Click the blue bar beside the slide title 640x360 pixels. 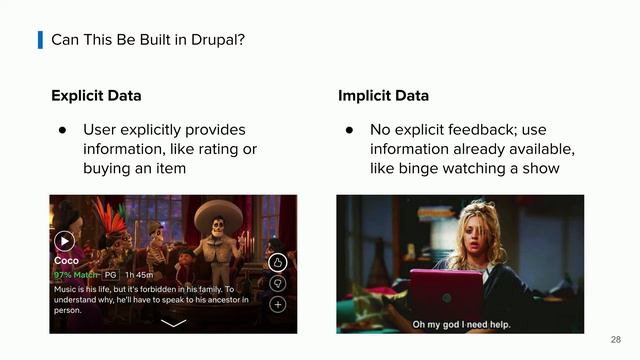coord(40,40)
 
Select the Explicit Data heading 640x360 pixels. coord(96,96)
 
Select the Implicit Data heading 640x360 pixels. coord(383,96)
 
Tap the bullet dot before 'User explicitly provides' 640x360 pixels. coord(62,130)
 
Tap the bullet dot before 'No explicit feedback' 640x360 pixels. coord(350,130)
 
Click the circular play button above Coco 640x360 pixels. coord(64,240)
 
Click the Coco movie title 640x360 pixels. coord(66,260)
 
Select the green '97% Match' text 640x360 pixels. coord(76,275)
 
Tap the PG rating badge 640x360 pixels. coord(111,275)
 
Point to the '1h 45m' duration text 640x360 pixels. coord(140,275)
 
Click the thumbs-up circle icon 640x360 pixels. coord(278,263)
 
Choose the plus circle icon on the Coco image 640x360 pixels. coord(278,304)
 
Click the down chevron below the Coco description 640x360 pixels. coord(173,324)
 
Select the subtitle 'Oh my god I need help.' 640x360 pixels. coord(460,323)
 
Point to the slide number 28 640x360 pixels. coord(615,339)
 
